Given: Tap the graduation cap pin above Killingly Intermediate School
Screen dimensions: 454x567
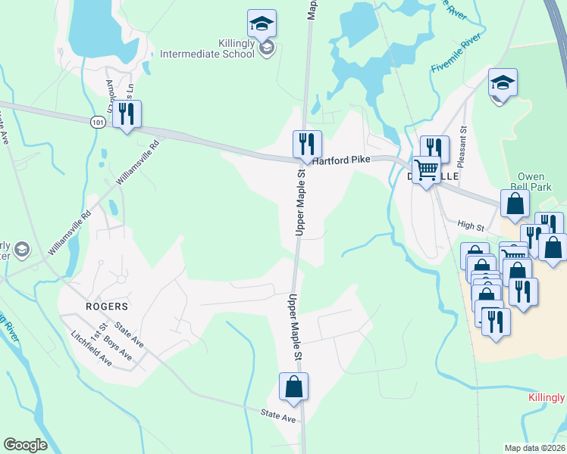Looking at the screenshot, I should pos(262,23).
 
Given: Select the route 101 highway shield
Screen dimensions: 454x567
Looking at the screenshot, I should pos(97,121).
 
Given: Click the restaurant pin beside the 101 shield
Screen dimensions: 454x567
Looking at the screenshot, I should pos(127,113).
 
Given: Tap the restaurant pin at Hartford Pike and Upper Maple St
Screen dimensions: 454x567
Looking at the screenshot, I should pos(307,144).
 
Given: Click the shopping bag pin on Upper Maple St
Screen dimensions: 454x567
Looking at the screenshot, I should pos(293,387).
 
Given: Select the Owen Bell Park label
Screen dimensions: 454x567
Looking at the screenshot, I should pos(531,182).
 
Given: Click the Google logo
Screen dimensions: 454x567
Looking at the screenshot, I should pos(25,445).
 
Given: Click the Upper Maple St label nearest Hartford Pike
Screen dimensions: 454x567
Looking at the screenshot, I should pos(300,202).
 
